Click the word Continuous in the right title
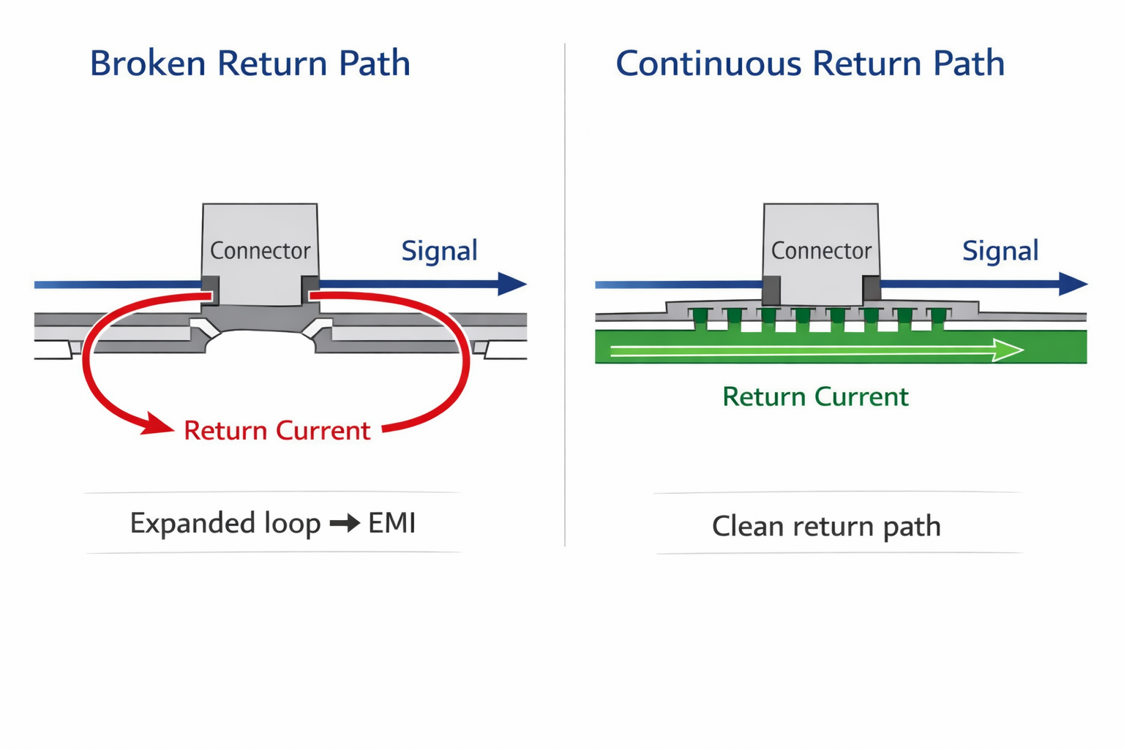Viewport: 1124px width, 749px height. pos(708,64)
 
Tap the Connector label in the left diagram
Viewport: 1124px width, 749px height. pos(260,251)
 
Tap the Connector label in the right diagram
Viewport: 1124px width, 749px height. pos(821,251)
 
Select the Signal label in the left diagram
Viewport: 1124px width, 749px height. pos(439,251)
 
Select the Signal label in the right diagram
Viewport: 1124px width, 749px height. pos(1000,251)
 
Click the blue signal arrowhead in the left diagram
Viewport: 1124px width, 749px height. pos(512,284)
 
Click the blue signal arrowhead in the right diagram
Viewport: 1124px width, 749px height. pos(1073,284)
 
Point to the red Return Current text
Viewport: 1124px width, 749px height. pos(277,431)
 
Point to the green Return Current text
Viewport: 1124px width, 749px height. pos(815,397)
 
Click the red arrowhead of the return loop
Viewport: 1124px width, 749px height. pos(157,424)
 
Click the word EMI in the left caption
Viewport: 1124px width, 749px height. pos(391,524)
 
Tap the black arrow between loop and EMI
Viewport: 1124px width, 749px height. pos(345,524)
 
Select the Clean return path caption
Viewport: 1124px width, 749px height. pos(826,527)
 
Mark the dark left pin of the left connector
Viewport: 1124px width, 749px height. pos(210,288)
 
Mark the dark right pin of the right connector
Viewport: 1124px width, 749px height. pos(871,289)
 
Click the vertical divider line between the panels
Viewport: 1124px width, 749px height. pos(565,293)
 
